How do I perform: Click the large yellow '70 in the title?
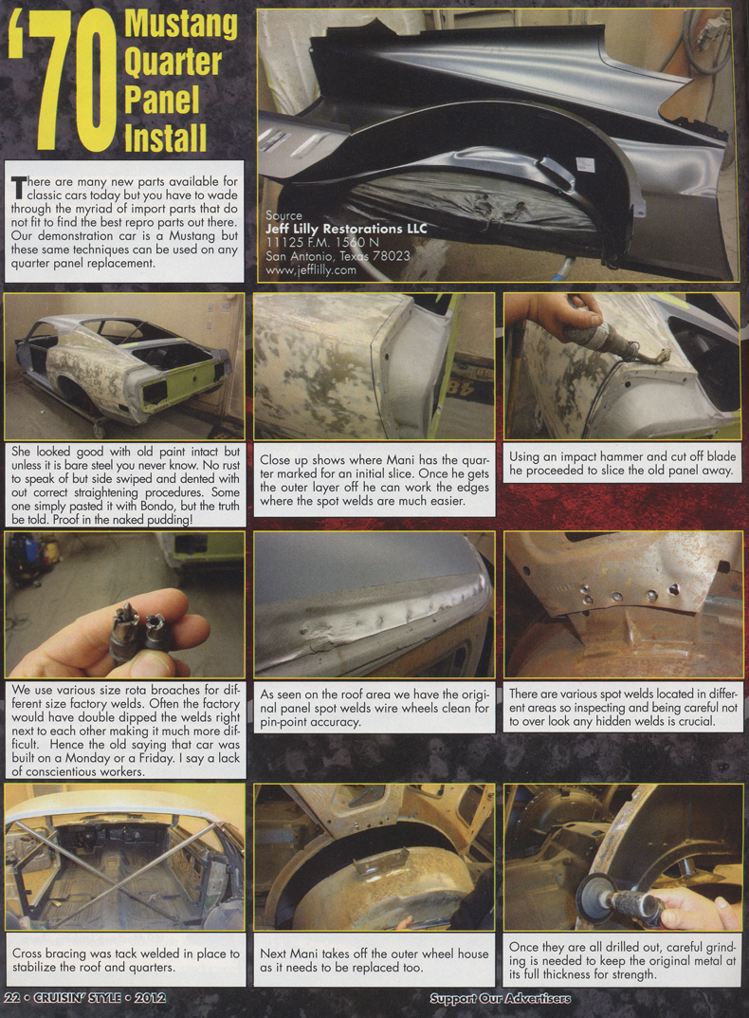pos(62,85)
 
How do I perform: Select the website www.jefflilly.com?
pos(311,269)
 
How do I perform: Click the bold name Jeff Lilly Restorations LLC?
pos(346,229)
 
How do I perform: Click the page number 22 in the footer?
pos(12,999)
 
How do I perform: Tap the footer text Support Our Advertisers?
pos(500,999)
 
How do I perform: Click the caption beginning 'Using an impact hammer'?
pos(622,464)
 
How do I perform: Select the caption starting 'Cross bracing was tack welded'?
pos(125,959)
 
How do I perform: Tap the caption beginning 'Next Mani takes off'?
pos(374,959)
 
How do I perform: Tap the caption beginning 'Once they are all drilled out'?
pos(622,959)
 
